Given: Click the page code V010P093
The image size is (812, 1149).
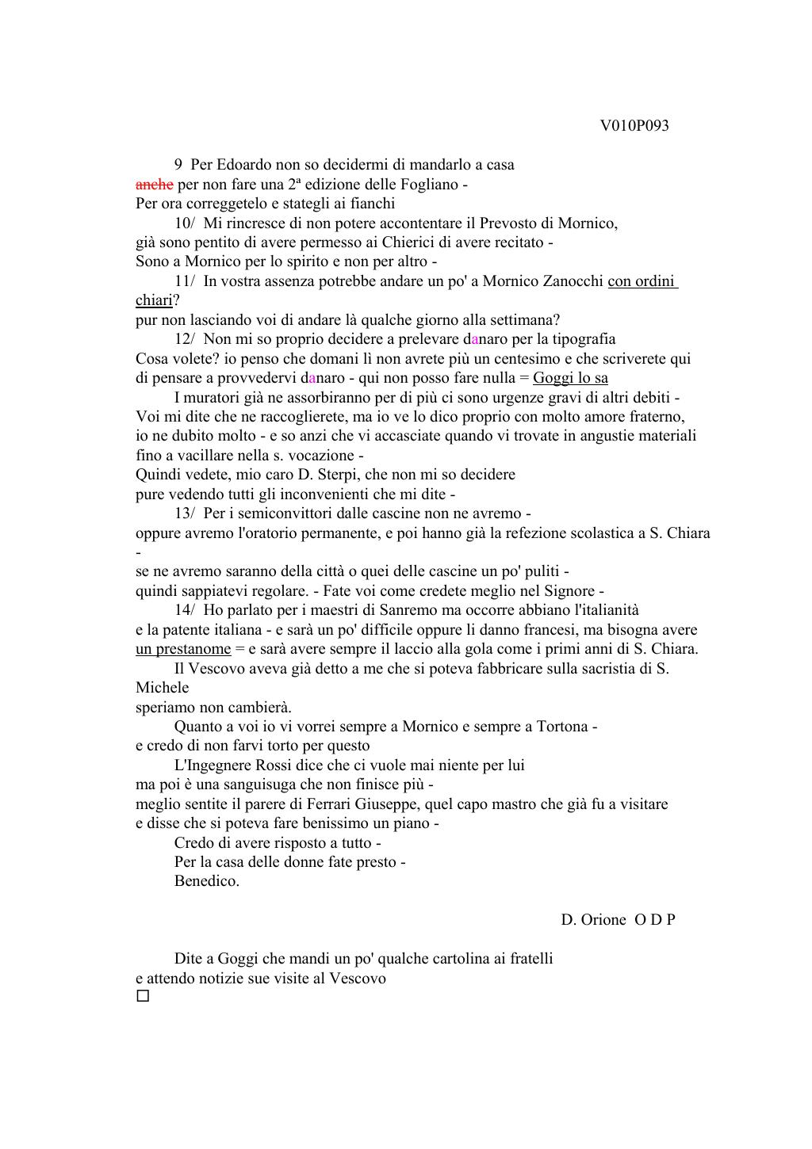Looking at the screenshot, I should (x=634, y=126).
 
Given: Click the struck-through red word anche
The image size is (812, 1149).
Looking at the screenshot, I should (x=155, y=185).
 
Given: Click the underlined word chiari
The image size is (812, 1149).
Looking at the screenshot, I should (x=154, y=301).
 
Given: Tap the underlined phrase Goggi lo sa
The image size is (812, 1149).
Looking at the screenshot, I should (x=570, y=378).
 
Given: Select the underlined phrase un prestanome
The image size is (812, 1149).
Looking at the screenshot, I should (x=183, y=649).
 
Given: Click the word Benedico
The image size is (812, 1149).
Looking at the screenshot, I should (x=206, y=881).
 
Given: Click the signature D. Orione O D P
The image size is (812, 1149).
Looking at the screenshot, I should (x=618, y=920).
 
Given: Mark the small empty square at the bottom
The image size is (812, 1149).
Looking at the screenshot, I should (x=143, y=996).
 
